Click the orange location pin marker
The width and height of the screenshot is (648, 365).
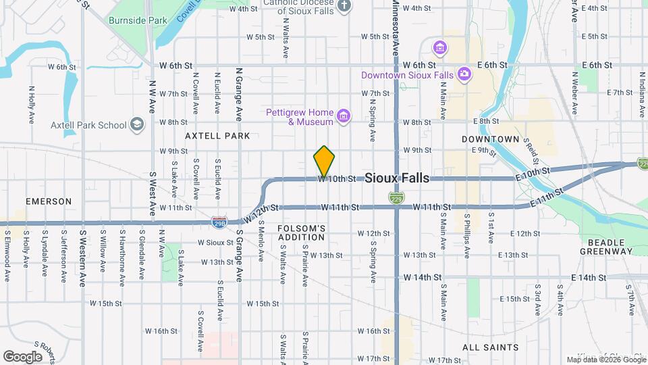[x=324, y=162]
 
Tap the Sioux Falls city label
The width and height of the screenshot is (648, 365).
[x=397, y=178]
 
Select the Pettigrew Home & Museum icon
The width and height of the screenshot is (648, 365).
[x=344, y=117]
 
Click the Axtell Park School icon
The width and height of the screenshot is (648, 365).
[x=138, y=124]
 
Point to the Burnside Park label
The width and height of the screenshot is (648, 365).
[x=138, y=20]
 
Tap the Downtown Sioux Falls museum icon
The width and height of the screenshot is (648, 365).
[x=464, y=74]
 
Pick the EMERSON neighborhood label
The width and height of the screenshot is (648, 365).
[x=49, y=201]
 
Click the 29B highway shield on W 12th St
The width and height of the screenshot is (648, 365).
[x=219, y=222]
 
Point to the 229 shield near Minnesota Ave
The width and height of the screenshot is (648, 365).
[x=397, y=198]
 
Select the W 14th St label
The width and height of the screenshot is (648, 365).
[x=423, y=277]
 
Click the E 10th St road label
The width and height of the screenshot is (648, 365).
[x=533, y=174]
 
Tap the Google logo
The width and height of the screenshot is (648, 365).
[x=22, y=356]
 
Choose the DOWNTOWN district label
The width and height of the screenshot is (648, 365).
[x=491, y=139]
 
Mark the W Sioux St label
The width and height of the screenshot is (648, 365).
[x=215, y=242]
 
